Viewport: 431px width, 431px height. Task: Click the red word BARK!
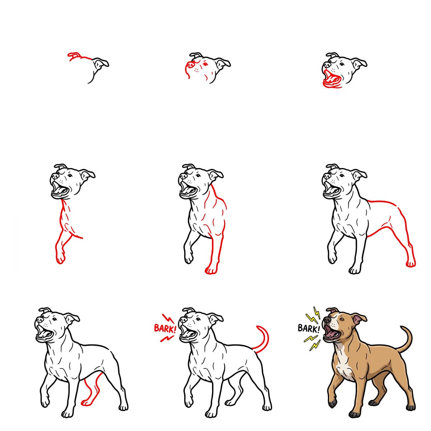click(x=164, y=328)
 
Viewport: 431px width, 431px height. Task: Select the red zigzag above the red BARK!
click(x=167, y=318)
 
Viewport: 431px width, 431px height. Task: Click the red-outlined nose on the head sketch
click(x=191, y=65)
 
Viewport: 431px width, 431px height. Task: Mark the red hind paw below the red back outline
click(x=410, y=264)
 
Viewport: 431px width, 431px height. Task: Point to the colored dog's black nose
click(x=326, y=318)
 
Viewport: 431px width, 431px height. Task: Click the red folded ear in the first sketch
click(x=74, y=55)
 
